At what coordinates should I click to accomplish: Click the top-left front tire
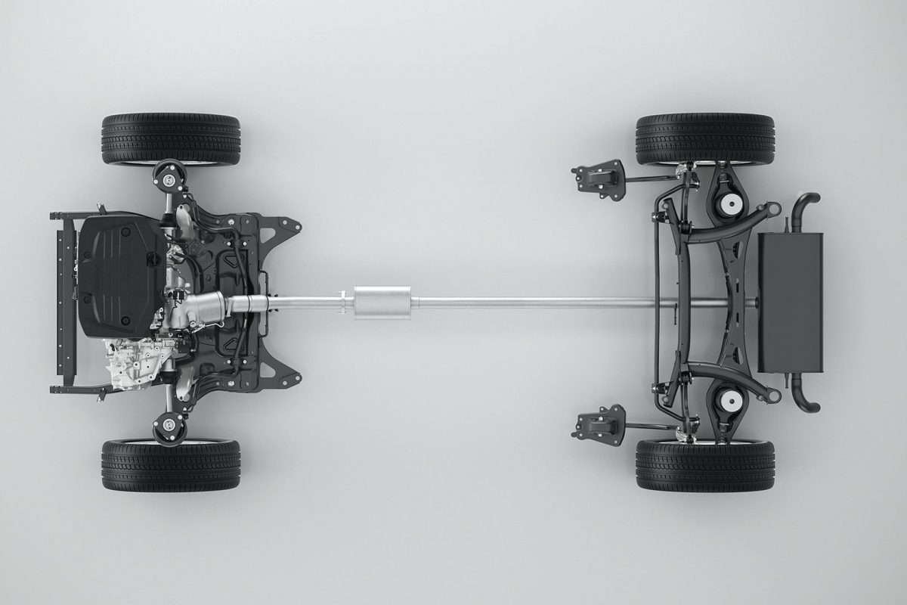(171, 139)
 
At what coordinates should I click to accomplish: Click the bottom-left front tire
(171, 464)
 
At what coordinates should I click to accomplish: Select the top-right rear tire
(705, 139)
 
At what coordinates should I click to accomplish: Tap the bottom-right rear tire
(705, 464)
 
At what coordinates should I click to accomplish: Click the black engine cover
(121, 272)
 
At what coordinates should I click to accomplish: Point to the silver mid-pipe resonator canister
(382, 302)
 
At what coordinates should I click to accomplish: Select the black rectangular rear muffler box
(789, 302)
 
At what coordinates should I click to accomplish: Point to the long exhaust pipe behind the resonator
(529, 302)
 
